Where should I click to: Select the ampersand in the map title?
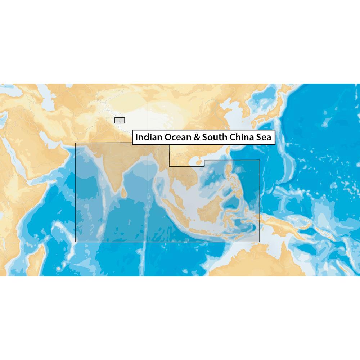coord(197,137)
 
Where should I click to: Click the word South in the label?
coord(213,137)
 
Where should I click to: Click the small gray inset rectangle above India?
coord(120,120)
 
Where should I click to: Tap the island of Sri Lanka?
coord(123,193)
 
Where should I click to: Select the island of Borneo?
coord(209,209)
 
